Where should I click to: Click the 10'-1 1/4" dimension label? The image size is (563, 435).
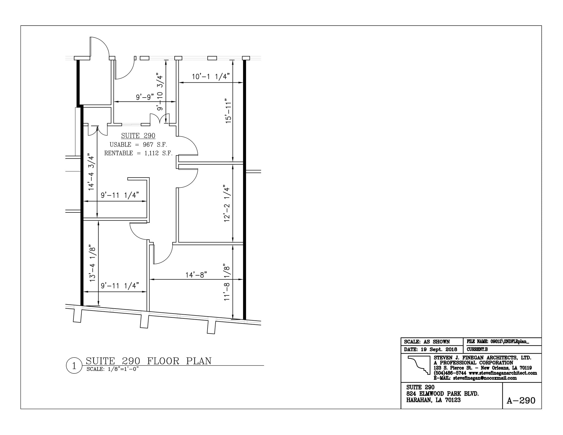[x=211, y=77]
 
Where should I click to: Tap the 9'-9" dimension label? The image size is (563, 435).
[x=145, y=97]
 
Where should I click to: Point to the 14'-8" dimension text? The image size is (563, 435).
[x=196, y=275]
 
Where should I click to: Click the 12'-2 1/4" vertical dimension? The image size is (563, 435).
[x=227, y=203]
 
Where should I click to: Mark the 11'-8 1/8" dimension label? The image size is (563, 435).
[x=227, y=283]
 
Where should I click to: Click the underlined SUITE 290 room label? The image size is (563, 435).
[x=138, y=136]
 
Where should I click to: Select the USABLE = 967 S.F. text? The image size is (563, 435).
[x=138, y=145]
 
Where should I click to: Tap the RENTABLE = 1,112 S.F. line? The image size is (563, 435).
[x=138, y=153]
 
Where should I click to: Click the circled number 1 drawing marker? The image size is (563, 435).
[x=74, y=366]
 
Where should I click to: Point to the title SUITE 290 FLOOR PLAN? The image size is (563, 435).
[x=149, y=361]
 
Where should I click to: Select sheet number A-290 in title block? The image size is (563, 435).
[x=521, y=400]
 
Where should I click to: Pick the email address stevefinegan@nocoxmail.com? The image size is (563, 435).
[x=485, y=378]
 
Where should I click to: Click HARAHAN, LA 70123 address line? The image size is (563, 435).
[x=433, y=400]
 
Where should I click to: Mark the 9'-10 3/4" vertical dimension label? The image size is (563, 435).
[x=160, y=92]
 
